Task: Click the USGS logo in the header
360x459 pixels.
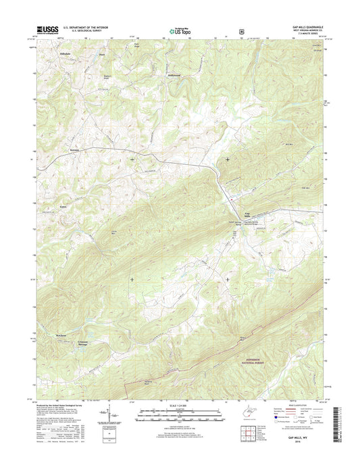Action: click(46, 30)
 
